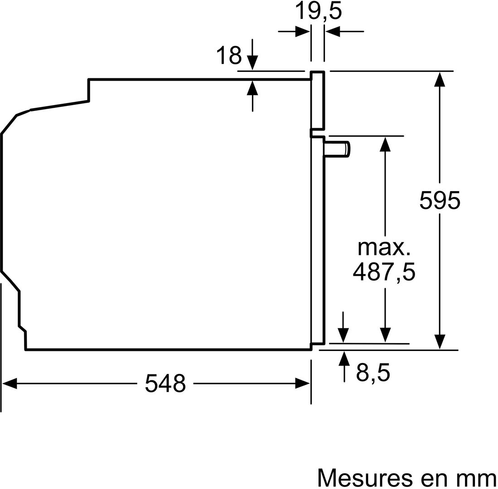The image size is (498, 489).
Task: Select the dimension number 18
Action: click(229, 55)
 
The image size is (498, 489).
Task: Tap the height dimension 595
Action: click(440, 200)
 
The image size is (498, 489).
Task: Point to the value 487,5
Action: click(384, 272)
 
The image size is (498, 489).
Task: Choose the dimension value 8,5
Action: click(373, 373)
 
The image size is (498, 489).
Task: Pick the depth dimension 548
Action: click(165, 384)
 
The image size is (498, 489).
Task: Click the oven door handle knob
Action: click(337, 149)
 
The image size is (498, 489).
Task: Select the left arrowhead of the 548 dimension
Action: click(9, 384)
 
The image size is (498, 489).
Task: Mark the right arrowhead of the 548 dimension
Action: click(303, 384)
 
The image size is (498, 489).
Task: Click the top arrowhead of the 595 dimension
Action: click(440, 79)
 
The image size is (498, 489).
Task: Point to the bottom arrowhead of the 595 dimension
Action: click(440, 342)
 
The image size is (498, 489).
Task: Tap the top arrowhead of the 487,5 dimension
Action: click(385, 144)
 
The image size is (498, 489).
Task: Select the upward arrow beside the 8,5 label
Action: click(344, 366)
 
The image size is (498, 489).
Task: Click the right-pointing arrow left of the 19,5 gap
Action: click(294, 32)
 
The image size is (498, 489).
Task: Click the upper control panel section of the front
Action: click(318, 101)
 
